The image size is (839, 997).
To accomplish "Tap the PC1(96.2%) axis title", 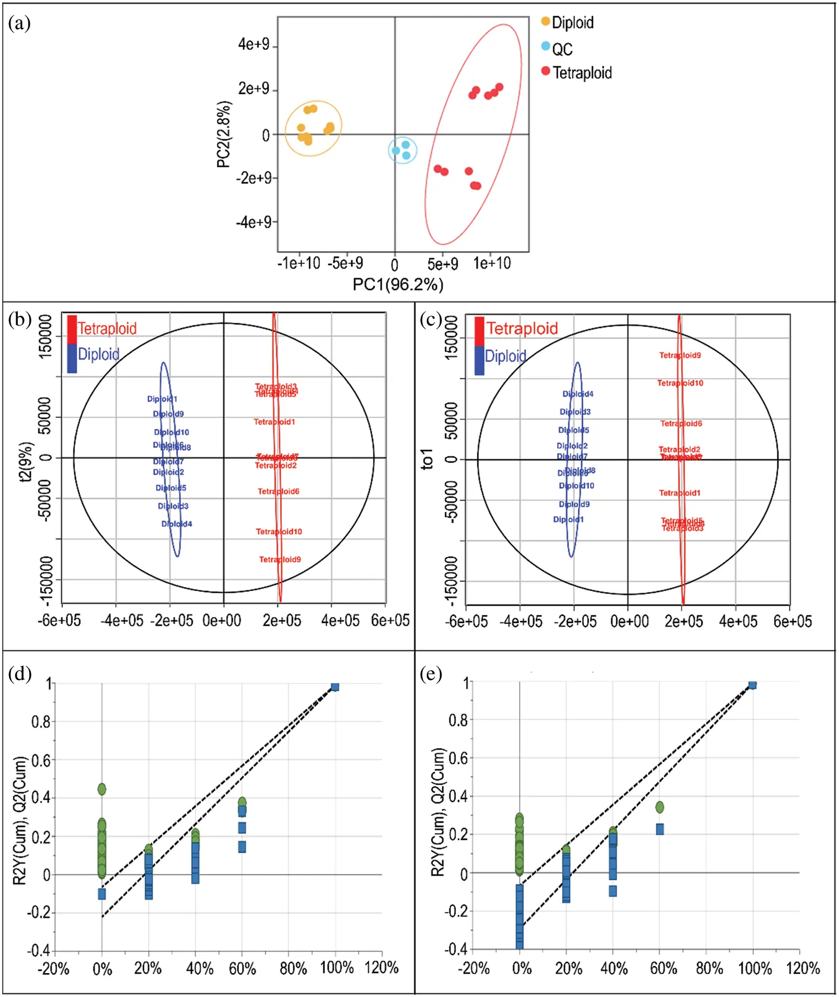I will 398,285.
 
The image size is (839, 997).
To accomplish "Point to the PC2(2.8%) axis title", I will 223,134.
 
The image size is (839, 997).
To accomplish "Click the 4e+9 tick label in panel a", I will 253,44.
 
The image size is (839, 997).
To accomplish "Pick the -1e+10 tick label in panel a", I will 299,263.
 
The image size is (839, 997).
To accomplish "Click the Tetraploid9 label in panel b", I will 280,559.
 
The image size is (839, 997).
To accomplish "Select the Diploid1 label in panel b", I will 162,399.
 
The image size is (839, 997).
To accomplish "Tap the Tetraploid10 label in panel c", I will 680,383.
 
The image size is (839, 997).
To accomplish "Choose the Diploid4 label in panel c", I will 578,394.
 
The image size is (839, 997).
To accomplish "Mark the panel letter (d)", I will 20,674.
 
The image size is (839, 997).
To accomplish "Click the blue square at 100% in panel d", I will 334,687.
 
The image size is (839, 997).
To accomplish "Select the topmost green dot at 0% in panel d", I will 102,789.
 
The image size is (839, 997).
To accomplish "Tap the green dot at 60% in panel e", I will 659,807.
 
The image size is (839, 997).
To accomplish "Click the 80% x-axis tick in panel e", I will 709,968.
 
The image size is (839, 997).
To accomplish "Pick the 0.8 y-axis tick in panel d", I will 41,721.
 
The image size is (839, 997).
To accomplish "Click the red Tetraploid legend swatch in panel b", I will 72,329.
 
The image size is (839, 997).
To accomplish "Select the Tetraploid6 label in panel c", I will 681,423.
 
